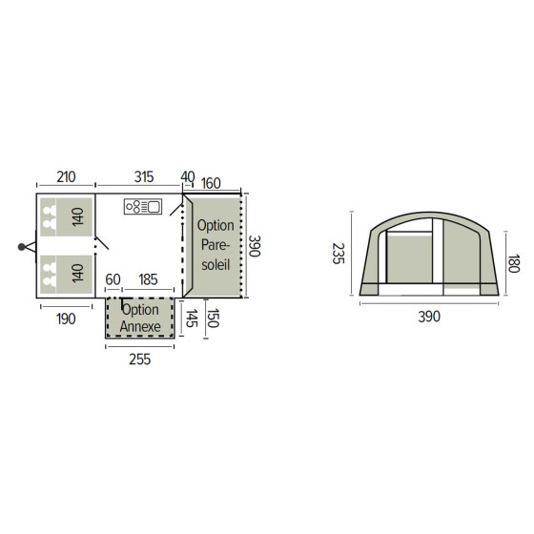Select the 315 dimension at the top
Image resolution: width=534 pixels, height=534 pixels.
click(144, 178)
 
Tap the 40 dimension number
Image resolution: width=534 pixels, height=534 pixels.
click(187, 178)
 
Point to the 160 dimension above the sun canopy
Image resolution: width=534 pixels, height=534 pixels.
click(212, 183)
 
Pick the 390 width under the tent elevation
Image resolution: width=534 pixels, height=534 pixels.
click(429, 317)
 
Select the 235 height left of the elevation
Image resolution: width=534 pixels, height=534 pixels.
click(336, 253)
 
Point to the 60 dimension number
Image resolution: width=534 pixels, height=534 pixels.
click(113, 280)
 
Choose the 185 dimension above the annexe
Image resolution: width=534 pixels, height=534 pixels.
click(149, 280)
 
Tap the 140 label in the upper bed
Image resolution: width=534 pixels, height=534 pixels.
click(77, 216)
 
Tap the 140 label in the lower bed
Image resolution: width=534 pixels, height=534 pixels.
click(77, 272)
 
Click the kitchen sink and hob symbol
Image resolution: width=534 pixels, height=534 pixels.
click(144, 206)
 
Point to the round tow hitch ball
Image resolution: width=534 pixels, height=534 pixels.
click(20, 246)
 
